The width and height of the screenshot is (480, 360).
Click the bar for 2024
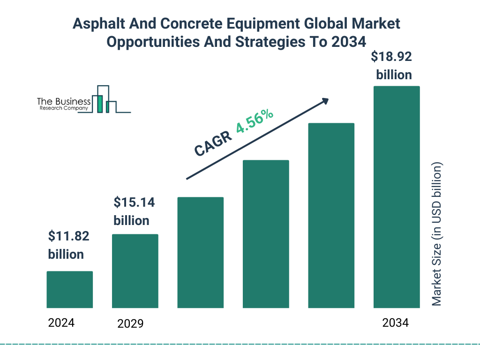[69, 290]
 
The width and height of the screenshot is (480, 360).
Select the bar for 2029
[135, 271]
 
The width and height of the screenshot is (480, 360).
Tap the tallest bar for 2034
[396, 197]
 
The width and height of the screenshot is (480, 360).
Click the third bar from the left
[200, 253]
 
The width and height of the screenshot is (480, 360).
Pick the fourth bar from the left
[266, 234]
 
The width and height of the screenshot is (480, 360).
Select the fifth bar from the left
[331, 216]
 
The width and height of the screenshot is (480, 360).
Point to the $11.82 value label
[68, 245]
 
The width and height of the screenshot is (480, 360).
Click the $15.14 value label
[134, 211]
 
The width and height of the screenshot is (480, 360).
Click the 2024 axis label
[61, 322]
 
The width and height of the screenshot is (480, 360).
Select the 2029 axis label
[130, 323]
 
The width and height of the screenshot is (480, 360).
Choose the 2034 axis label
[395, 323]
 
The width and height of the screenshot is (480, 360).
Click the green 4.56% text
[255, 121]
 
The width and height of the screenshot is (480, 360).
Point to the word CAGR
[213, 143]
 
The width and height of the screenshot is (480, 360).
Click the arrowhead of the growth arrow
[324, 101]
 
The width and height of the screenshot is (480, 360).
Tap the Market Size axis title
[437, 234]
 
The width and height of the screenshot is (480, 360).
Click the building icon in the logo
[104, 99]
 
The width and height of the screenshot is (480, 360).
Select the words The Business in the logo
[63, 102]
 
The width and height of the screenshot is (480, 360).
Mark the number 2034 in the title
[348, 42]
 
